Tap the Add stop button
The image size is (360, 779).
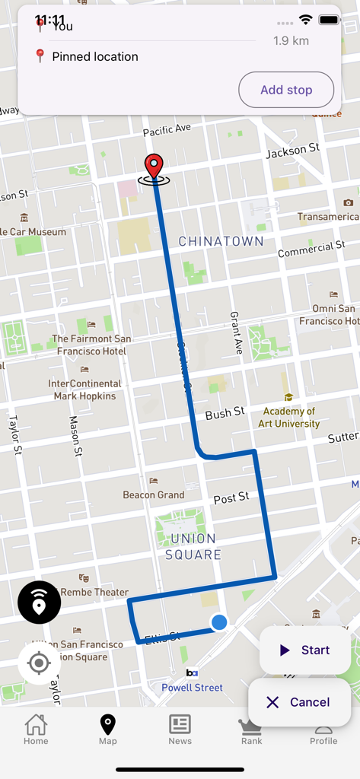click(x=286, y=90)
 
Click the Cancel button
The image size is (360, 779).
click(x=299, y=702)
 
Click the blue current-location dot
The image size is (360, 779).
click(x=219, y=622)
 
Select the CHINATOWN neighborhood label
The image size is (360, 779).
click(x=221, y=241)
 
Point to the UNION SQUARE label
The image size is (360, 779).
click(x=193, y=547)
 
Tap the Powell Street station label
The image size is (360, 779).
click(x=192, y=688)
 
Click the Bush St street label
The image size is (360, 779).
click(x=225, y=413)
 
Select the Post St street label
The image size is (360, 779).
click(x=231, y=498)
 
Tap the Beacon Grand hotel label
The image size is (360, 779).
click(x=154, y=494)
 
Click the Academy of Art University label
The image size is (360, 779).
click(x=289, y=417)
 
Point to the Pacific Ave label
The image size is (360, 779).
click(x=167, y=130)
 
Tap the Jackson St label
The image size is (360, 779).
click(x=292, y=151)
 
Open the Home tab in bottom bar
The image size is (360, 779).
click(x=36, y=729)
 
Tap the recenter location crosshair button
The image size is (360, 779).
click(x=39, y=663)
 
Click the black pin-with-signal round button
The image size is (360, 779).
click(x=39, y=603)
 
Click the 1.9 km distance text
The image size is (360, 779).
click(x=291, y=40)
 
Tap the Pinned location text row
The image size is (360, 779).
click(x=95, y=56)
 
